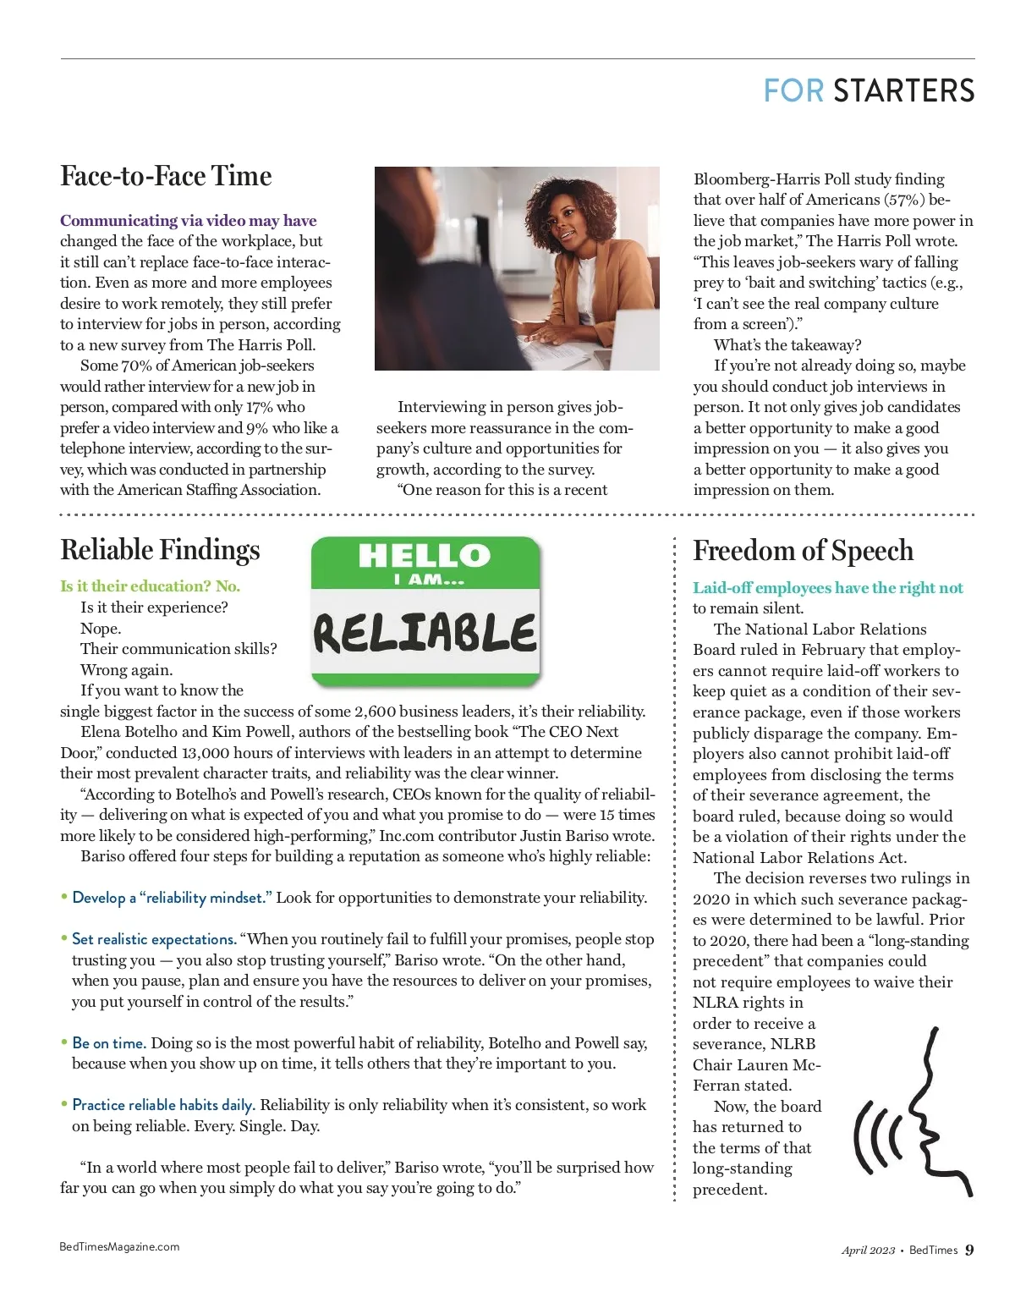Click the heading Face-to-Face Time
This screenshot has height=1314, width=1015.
point(166,176)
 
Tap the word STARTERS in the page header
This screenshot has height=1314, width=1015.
point(903,91)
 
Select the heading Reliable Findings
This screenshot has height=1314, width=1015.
point(160,550)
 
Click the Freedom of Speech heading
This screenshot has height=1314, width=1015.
point(803,551)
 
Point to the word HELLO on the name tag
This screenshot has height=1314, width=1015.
point(424,556)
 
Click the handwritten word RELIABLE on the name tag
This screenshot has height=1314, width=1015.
point(425,632)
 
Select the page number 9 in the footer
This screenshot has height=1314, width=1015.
point(969,1250)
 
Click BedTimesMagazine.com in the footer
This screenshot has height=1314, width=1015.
point(119,1246)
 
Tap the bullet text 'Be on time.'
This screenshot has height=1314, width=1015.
point(109,1043)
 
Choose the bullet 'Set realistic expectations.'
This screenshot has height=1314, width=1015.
point(154,939)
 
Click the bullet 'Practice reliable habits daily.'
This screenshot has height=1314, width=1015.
point(163,1105)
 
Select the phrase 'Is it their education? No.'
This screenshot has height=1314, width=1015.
point(150,586)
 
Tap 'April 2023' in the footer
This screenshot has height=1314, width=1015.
point(868,1251)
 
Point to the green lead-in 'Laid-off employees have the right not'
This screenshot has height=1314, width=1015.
point(827,588)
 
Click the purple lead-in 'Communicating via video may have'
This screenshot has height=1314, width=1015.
point(188,221)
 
